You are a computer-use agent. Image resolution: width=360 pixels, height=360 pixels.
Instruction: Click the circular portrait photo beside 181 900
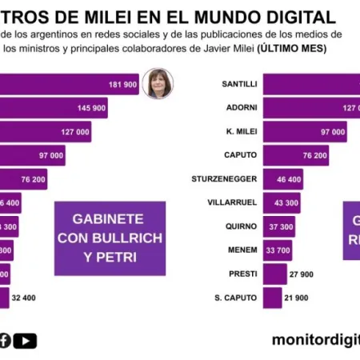(x=158, y=84)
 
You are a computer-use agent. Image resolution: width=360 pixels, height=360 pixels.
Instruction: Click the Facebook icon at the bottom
(x=5, y=341)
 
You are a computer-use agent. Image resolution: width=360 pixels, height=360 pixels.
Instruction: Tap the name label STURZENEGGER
(x=225, y=179)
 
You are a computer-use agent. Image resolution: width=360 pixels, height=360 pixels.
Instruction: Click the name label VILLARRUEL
(x=232, y=203)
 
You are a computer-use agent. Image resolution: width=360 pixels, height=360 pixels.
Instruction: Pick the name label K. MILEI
(x=239, y=132)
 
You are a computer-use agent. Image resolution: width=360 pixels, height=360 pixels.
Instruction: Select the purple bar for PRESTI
(x=274, y=274)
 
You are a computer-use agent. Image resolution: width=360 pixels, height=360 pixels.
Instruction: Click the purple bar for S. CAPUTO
(x=271, y=298)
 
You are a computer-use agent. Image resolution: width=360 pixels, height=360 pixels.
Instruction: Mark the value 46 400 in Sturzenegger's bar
(x=289, y=179)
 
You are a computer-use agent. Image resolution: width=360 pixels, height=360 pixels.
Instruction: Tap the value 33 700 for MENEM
(x=279, y=250)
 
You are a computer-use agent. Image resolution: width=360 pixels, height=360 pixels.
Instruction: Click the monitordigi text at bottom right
(x=315, y=340)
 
